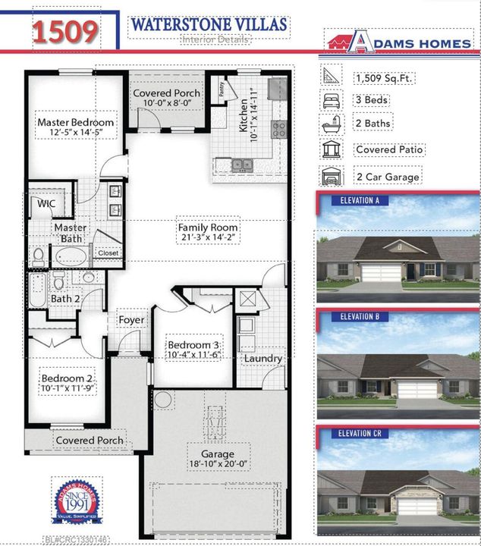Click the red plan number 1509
coord(64,30)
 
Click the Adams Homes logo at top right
coord(399,43)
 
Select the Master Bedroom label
coord(76,122)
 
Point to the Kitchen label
coord(244,115)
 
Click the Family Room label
coord(208,227)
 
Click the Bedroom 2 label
coord(67,378)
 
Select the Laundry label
coord(263,358)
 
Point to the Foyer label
coord(131,320)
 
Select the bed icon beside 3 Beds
coord(332,100)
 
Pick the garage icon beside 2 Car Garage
coord(332,176)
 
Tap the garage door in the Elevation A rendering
coord(380,272)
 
